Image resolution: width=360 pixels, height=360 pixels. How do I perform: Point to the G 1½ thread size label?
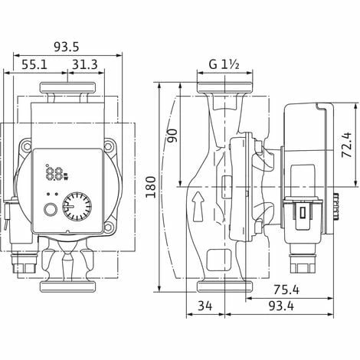[x=224, y=65]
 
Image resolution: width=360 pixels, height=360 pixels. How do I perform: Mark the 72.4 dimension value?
[x=347, y=142]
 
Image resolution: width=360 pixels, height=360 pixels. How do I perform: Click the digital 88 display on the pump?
[x=55, y=173]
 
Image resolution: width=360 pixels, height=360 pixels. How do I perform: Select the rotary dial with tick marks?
[x=77, y=207]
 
